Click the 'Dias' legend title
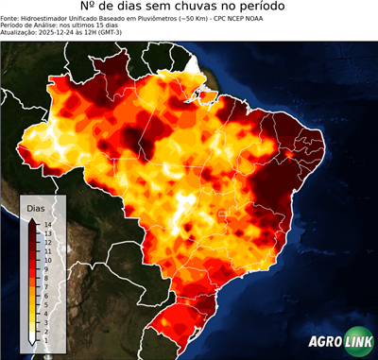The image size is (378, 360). point(35,208)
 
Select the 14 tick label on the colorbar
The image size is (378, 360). point(46,224)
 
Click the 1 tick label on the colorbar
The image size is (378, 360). point(45,326)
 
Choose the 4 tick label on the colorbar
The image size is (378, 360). point(45,302)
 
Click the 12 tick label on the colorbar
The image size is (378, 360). point(46,240)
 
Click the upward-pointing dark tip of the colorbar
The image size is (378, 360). point(33,220)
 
